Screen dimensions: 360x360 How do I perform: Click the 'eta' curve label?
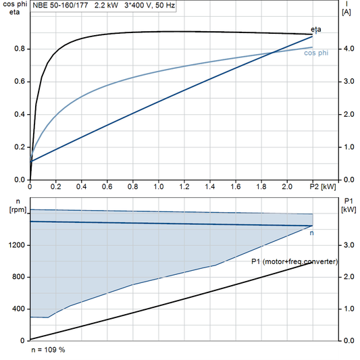(316, 29)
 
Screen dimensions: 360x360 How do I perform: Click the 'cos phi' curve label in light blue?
(316, 53)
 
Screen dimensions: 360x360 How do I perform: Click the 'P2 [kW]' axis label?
(323, 185)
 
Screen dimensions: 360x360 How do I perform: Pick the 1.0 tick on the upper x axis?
(158, 185)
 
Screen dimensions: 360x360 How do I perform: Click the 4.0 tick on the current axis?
(346, 49)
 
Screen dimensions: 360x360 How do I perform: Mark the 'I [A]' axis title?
(346, 8)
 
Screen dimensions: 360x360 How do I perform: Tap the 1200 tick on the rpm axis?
(16, 245)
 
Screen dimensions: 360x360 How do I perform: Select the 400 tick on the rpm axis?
(18, 309)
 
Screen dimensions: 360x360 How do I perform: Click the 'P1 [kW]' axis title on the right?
(349, 205)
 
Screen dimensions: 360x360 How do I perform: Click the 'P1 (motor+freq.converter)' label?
(294, 261)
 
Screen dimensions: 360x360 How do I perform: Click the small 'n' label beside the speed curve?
(311, 233)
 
